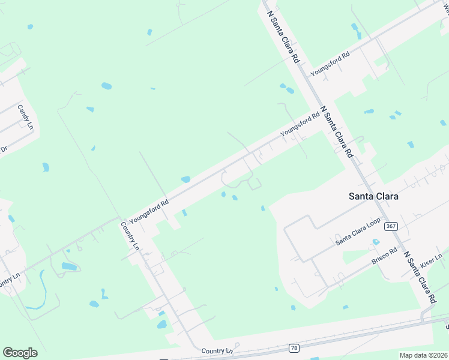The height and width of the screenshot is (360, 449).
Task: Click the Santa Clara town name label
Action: [374, 196]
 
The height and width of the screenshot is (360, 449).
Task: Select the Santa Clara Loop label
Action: [358, 231]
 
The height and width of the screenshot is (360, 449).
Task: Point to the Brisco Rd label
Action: [385, 257]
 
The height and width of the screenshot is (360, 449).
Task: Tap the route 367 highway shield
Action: [391, 226]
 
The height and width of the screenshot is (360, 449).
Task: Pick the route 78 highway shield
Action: [293, 347]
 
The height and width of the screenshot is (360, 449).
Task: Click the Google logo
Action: [20, 353]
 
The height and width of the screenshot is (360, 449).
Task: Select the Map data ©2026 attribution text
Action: [423, 355]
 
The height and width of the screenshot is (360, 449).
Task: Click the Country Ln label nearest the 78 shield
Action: [217, 350]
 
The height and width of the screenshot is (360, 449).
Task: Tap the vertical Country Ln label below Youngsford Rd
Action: [130, 236]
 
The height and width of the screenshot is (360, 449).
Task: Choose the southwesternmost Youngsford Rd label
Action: [149, 212]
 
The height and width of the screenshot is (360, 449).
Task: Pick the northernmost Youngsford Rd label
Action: [330, 64]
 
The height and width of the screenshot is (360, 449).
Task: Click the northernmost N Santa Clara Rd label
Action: [283, 37]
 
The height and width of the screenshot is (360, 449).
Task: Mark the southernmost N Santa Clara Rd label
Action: [419, 277]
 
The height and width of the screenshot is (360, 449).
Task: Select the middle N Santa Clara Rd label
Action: [336, 132]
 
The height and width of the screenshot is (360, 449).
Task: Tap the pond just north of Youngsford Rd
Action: [185, 179]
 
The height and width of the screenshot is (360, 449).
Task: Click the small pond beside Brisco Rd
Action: [375, 242]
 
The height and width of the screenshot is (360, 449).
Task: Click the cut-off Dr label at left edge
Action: [4, 148]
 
